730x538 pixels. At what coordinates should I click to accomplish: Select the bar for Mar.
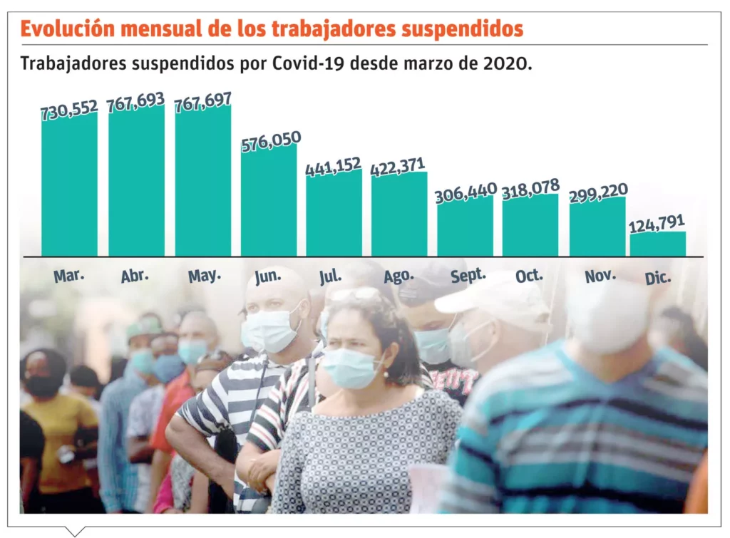tap(69, 185)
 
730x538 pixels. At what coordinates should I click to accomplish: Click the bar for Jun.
tap(269, 201)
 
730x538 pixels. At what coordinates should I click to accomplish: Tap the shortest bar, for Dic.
tap(657, 244)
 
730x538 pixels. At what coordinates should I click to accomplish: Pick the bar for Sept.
tap(465, 226)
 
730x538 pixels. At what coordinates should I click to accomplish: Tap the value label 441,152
tap(334, 167)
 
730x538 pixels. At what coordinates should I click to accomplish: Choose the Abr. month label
tap(135, 276)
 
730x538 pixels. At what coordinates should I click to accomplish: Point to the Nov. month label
tap(600, 276)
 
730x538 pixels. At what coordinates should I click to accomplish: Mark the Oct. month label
tap(530, 276)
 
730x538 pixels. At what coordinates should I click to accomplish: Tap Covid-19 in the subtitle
tap(309, 63)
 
